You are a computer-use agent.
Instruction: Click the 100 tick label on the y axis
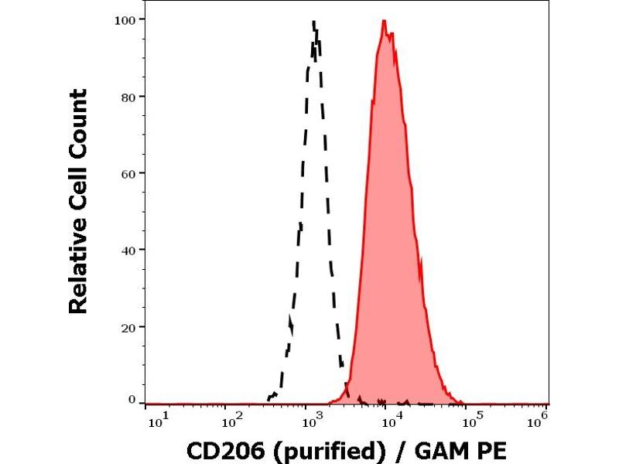pyautogui.click(x=126, y=19)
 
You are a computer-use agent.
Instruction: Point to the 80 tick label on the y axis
pyautogui.click(x=128, y=96)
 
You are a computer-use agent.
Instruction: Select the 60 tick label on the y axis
pyautogui.click(x=128, y=172)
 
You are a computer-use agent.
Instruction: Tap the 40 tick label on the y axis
pyautogui.click(x=128, y=249)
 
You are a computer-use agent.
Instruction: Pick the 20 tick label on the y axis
pyautogui.click(x=128, y=326)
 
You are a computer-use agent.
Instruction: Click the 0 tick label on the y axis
pyautogui.click(x=132, y=399)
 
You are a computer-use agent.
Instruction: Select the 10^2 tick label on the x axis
pyautogui.click(x=230, y=421)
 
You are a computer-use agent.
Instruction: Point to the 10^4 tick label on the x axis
pyautogui.click(x=392, y=421)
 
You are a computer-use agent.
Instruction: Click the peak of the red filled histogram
pyautogui.click(x=384, y=21)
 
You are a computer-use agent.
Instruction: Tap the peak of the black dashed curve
pyautogui.click(x=314, y=22)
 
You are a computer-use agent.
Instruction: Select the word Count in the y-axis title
pyautogui.click(x=79, y=115)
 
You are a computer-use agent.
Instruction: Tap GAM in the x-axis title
pyautogui.click(x=441, y=449)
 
